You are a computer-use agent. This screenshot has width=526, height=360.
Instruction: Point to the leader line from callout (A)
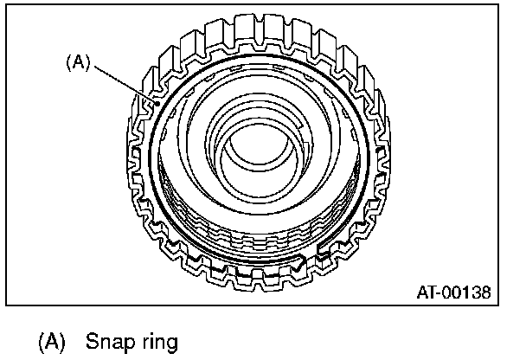(121, 81)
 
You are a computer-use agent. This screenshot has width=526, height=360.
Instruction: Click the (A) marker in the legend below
(51, 341)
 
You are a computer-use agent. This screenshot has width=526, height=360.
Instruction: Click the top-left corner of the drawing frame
(6, 6)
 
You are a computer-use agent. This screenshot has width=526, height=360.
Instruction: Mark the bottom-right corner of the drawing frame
(499, 305)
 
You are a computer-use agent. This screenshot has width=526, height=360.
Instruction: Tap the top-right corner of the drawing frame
(499, 6)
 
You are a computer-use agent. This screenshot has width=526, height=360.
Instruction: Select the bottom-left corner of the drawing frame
(6, 305)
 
